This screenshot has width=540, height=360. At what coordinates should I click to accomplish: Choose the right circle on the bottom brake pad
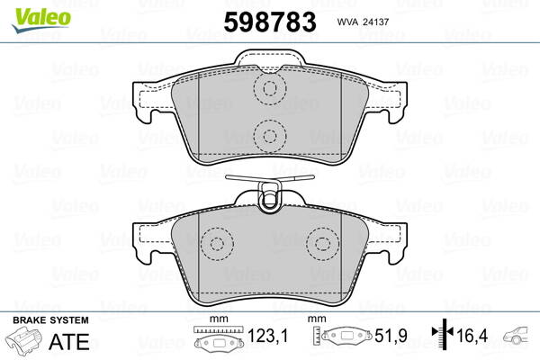point(321,243)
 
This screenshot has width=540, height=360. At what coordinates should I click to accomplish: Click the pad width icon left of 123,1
point(219,341)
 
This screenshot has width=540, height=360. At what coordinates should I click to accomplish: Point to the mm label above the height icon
point(317,319)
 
